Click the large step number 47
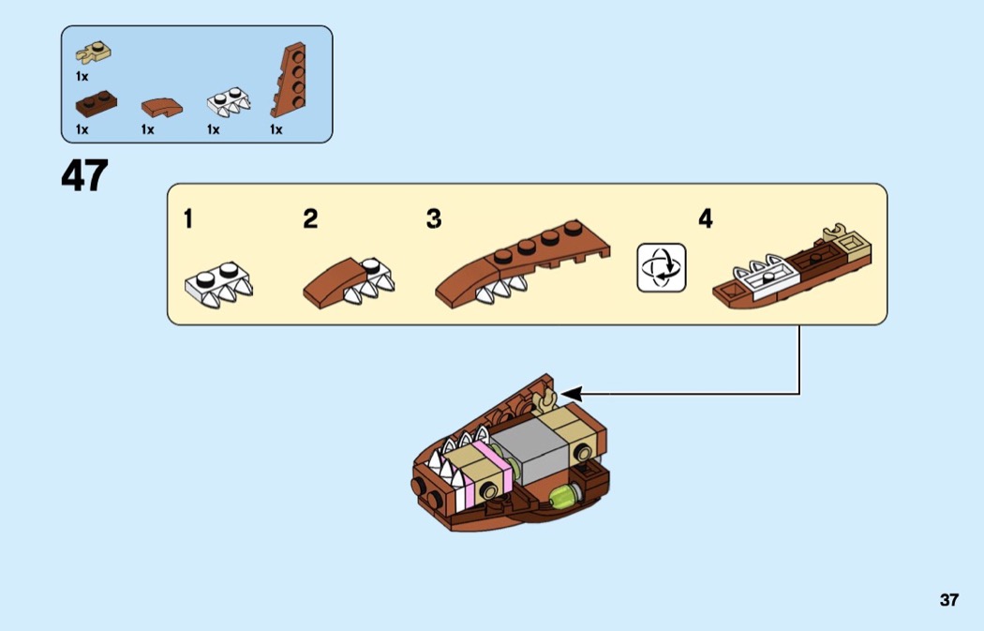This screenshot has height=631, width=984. tap(84, 175)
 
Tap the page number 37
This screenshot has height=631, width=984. tap(948, 600)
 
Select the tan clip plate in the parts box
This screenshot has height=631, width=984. tap(94, 53)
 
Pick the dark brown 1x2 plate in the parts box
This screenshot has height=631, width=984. tap(96, 104)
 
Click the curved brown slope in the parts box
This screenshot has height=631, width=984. tap(162, 108)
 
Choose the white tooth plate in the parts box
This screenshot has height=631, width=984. tap(229, 101)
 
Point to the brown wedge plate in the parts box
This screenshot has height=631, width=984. tap(289, 80)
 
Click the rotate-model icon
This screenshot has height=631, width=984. tap(662, 268)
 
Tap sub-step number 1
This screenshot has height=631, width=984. tap(188, 219)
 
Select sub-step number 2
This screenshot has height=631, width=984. tap(310, 219)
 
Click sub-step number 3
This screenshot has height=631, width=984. tap(434, 219)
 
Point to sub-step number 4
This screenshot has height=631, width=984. tap(706, 219)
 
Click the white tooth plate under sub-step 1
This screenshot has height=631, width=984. tap(219, 285)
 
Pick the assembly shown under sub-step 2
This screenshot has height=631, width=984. tap(349, 282)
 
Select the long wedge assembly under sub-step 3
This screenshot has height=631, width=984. tap(522, 263)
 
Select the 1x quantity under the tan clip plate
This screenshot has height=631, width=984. tap(82, 77)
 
